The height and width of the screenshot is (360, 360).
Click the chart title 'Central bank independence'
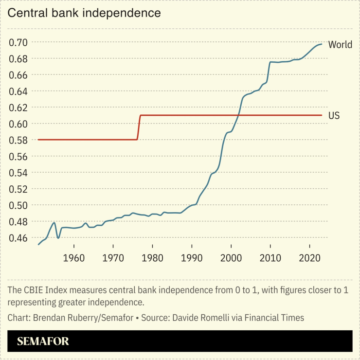[x=84, y=13]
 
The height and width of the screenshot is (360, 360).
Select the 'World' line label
[x=340, y=45]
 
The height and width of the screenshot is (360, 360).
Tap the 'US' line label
[x=334, y=115]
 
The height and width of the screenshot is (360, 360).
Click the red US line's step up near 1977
[x=139, y=127]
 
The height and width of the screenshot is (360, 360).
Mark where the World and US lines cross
[x=238, y=115]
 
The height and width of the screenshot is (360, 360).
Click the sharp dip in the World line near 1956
[x=58, y=237]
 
